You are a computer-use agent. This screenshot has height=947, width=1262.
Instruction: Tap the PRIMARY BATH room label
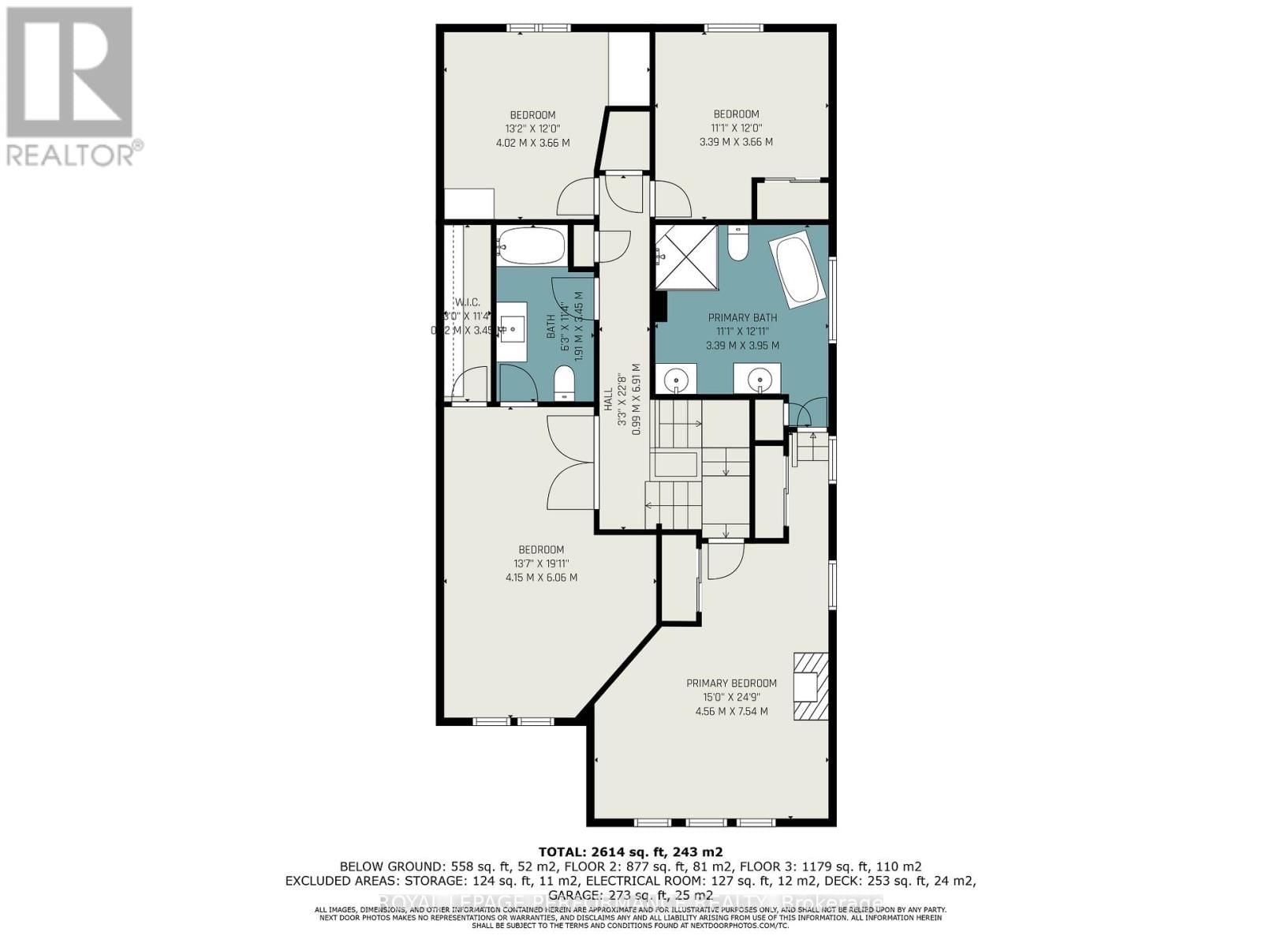point(742,318)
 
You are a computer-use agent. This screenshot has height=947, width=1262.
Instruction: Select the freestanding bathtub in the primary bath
point(800,268)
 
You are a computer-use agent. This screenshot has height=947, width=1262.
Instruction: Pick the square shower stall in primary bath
point(686,256)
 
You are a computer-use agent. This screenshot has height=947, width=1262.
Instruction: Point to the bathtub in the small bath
point(532,245)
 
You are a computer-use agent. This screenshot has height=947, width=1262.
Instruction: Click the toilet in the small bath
point(564,384)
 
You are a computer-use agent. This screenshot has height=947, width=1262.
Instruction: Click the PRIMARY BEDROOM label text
point(731,683)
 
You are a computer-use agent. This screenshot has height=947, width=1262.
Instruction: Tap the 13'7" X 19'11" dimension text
point(541,563)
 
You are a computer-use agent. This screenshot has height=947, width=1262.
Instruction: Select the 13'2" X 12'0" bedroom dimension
point(532,129)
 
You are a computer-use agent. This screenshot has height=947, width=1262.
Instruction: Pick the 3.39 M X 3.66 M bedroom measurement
point(736,142)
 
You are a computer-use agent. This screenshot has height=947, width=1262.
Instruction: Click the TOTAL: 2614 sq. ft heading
point(630,852)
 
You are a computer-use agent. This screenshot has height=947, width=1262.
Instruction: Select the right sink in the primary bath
point(758,379)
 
